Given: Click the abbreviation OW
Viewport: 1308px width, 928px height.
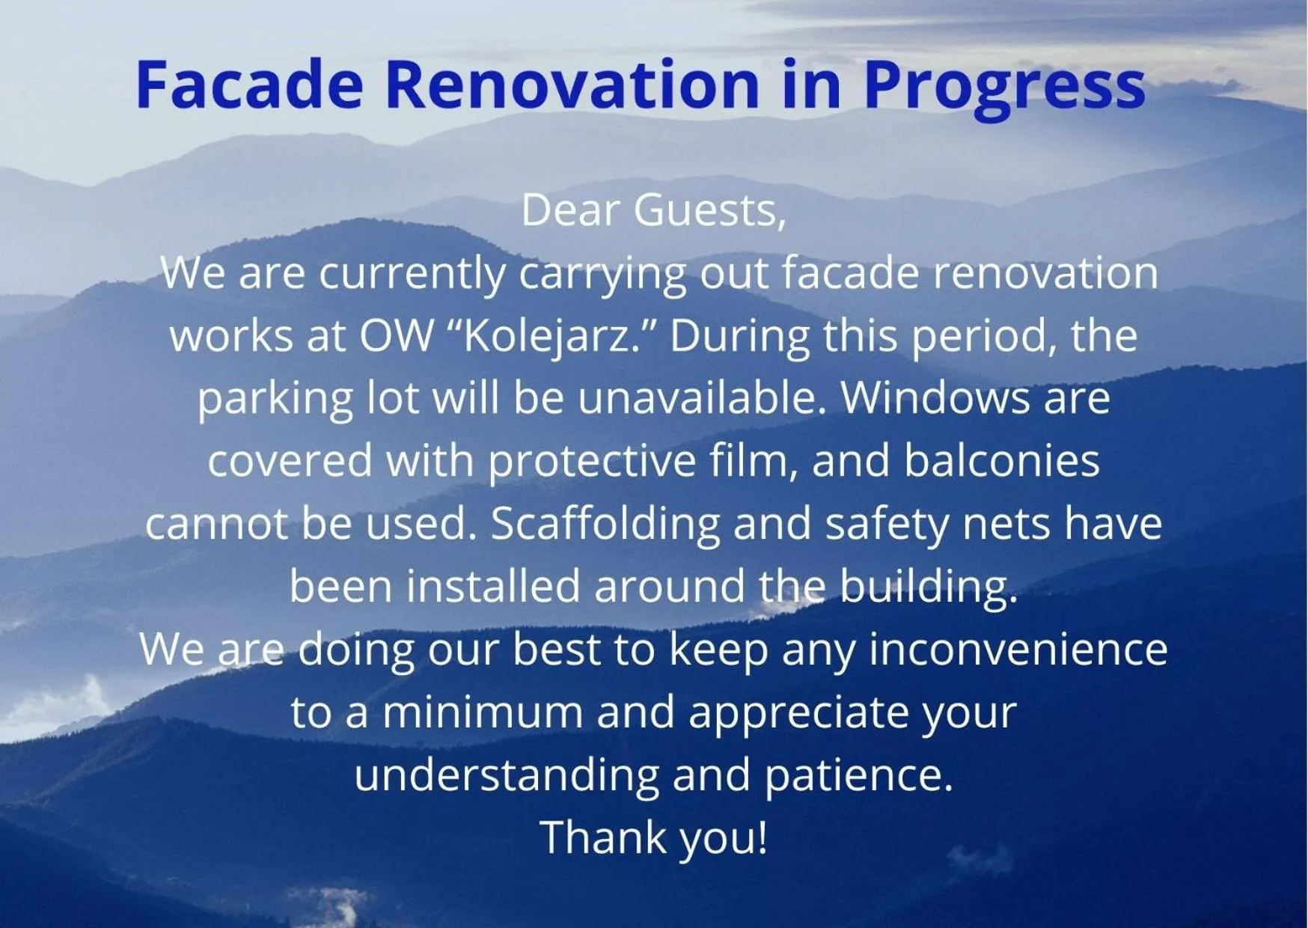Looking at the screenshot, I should (397, 336).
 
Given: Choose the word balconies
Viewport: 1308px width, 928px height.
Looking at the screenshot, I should (1001, 462).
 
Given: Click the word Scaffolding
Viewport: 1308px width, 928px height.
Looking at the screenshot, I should (605, 524).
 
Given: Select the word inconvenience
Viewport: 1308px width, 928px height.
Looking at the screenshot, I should (1018, 649).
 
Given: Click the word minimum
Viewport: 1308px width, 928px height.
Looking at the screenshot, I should (483, 712).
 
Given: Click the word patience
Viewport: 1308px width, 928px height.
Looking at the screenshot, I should (858, 775).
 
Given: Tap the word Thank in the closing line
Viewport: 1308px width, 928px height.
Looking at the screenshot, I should (603, 837).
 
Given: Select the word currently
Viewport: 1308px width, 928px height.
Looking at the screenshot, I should (412, 274).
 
